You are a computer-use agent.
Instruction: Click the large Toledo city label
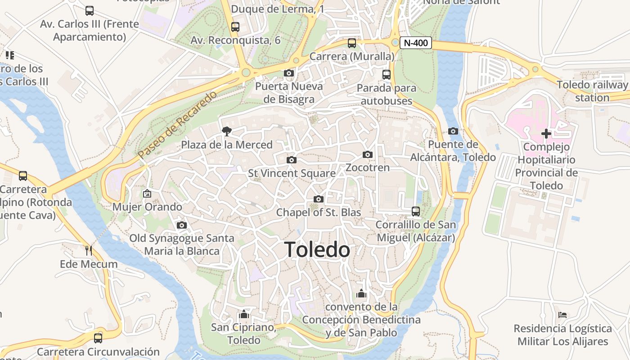pyautogui.click(x=317, y=250)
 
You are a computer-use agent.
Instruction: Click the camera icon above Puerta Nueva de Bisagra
pyautogui.click(x=289, y=73)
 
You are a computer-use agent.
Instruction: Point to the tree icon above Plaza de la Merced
pyautogui.click(x=227, y=131)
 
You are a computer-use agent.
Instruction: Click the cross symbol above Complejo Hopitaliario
pyautogui.click(x=546, y=134)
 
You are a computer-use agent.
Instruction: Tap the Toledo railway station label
pyautogui.click(x=592, y=91)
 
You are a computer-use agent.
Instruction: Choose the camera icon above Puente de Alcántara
pyautogui.click(x=453, y=131)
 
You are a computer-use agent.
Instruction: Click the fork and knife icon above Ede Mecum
pyautogui.click(x=89, y=250)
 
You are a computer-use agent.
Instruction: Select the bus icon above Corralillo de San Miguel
pyautogui.click(x=416, y=211)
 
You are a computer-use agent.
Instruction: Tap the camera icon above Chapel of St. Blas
pyautogui.click(x=319, y=199)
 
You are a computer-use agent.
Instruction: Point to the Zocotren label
pyautogui.click(x=367, y=167)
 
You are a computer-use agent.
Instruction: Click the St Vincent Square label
pyautogui.click(x=292, y=173)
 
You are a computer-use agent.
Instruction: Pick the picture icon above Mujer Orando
pyautogui.click(x=147, y=193)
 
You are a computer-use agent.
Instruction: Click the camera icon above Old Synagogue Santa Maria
pyautogui.click(x=182, y=225)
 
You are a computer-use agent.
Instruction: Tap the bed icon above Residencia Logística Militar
pyautogui.click(x=562, y=315)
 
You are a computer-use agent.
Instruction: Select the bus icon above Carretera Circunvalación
pyautogui.click(x=98, y=338)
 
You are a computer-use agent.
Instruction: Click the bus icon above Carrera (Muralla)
pyautogui.click(x=352, y=43)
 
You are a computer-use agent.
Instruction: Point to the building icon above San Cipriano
pyautogui.click(x=244, y=314)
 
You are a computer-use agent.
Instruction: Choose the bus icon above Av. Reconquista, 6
pyautogui.click(x=235, y=27)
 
